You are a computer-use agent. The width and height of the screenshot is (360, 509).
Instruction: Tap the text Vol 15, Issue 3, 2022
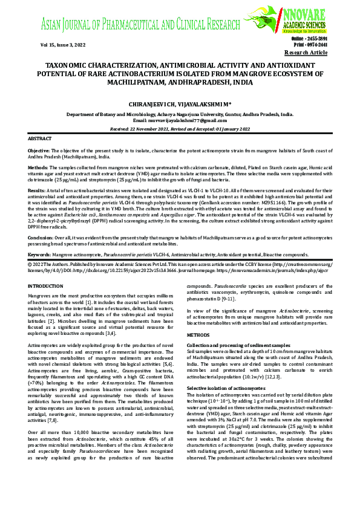(63, 45)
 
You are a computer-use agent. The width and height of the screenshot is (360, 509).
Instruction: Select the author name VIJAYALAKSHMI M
(201, 105)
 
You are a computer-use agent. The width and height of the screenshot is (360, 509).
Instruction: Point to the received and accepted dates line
(180, 129)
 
